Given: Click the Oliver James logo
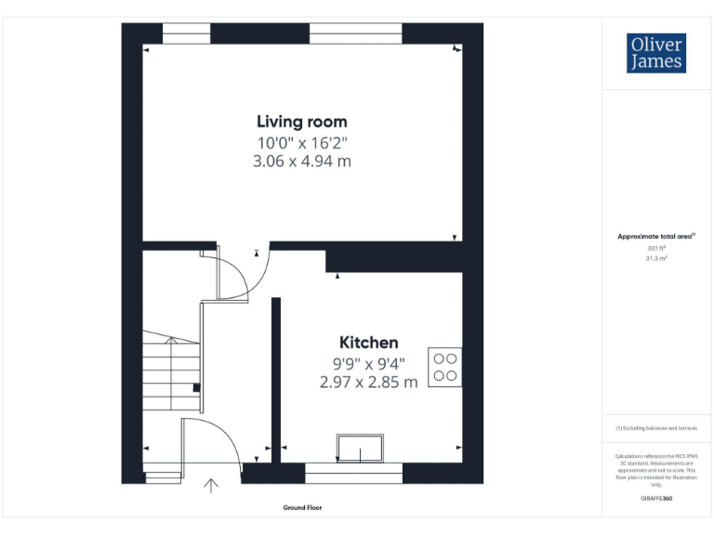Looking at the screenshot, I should click(x=656, y=53).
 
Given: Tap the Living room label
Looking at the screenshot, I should click(x=301, y=122).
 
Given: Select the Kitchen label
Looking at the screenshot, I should click(x=368, y=343).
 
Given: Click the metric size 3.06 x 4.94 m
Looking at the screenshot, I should click(x=301, y=161).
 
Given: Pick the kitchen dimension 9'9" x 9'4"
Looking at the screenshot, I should click(x=368, y=363).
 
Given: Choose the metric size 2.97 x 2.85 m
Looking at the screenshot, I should click(x=368, y=382).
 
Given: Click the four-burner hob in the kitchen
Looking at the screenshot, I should click(x=444, y=366).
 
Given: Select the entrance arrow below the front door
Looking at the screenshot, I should click(x=211, y=485).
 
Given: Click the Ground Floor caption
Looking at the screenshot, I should click(x=302, y=508).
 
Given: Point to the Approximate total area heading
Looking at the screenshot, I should click(x=656, y=237).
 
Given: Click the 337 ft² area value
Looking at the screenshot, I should click(x=656, y=248).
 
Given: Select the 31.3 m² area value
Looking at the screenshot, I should click(x=656, y=259).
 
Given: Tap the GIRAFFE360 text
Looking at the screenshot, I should click(x=656, y=499).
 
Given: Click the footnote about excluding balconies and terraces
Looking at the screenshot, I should click(x=656, y=428).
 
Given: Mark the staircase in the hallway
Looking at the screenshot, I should click(x=171, y=372).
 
